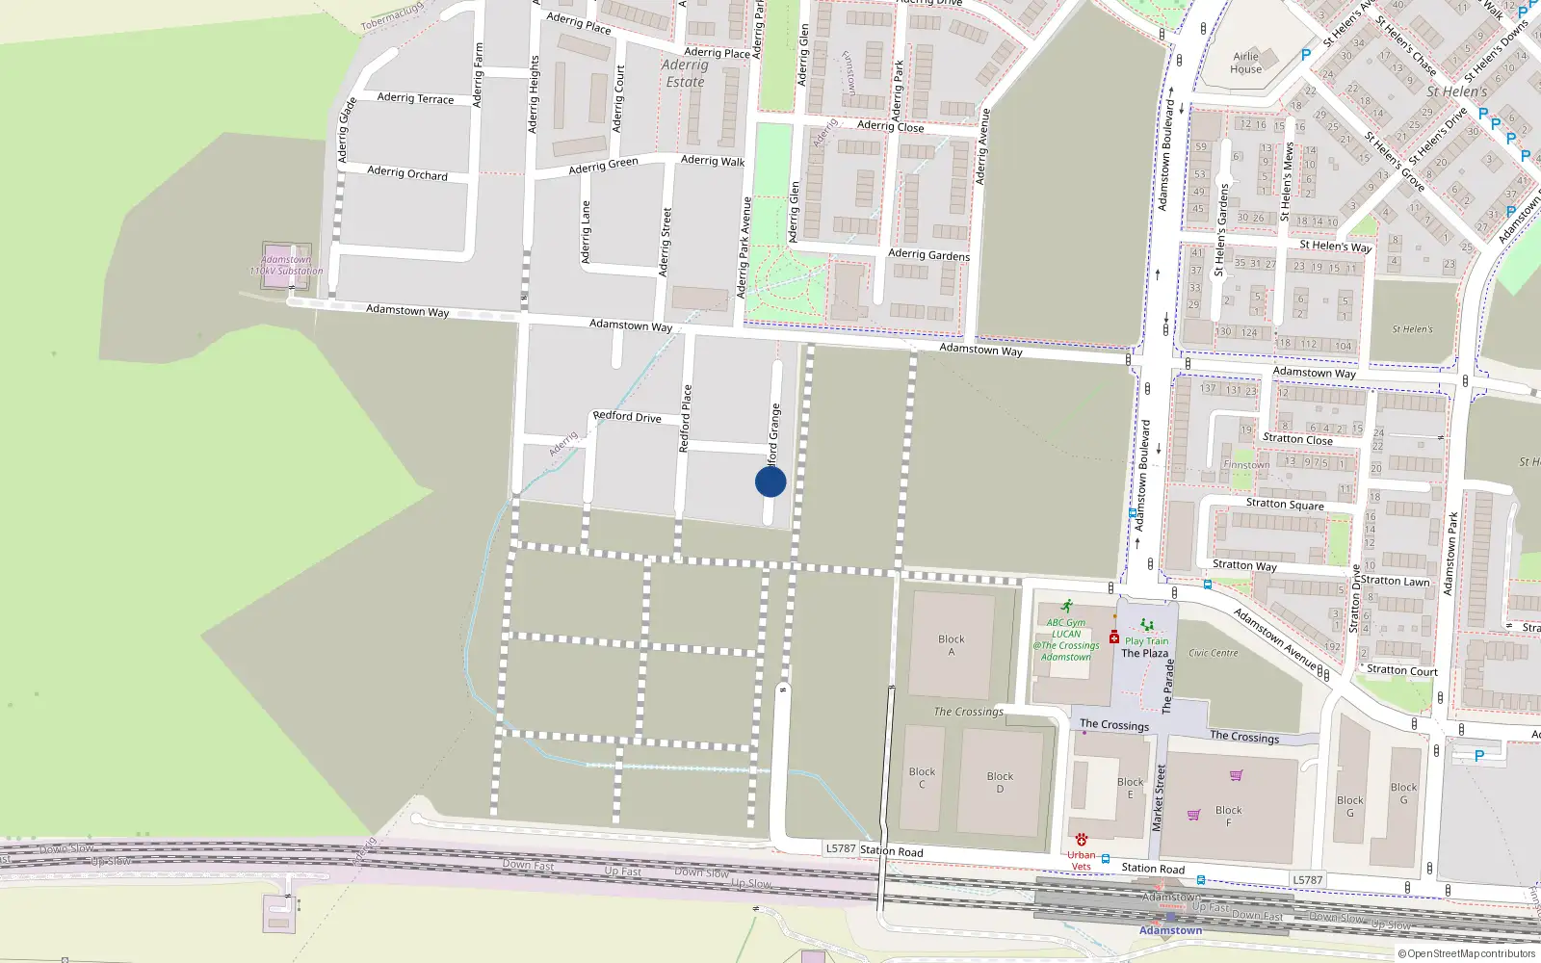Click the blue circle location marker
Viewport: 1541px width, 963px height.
(x=770, y=481)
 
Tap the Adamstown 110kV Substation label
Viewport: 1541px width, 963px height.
(x=286, y=266)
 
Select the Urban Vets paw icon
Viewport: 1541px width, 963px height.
(x=1082, y=840)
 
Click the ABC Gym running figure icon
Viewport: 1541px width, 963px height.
(x=1066, y=607)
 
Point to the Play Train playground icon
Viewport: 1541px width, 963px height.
(x=1146, y=626)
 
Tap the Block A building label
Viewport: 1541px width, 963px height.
(x=952, y=645)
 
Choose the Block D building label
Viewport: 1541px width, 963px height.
(x=1000, y=782)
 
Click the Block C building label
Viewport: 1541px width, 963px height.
(x=922, y=777)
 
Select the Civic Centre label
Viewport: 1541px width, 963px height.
(x=1214, y=653)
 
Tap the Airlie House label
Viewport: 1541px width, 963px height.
(x=1245, y=63)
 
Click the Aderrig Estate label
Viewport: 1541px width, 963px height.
(x=685, y=73)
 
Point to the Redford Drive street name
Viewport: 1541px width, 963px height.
(x=627, y=417)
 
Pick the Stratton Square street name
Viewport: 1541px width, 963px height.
(x=1285, y=504)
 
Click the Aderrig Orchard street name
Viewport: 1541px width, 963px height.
(x=407, y=173)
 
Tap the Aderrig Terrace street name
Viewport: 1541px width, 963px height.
(x=415, y=98)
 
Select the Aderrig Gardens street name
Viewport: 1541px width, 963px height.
(x=928, y=255)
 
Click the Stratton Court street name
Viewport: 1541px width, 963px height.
(x=1401, y=671)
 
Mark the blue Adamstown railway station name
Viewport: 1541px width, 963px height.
(x=1170, y=930)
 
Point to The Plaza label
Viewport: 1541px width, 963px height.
(x=1144, y=653)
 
